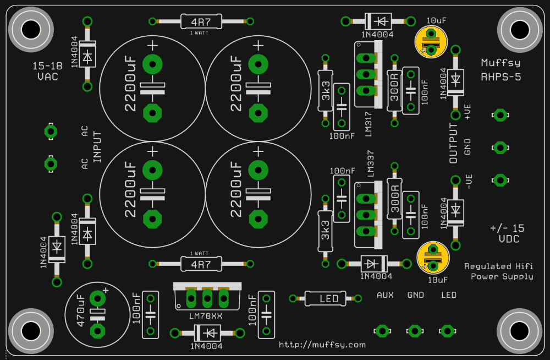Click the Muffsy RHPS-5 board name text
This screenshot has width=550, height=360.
[x=501, y=70]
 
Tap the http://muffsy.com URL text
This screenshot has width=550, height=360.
[x=322, y=345]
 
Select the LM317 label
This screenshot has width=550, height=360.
[x=369, y=124]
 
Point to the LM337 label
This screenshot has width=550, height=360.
[x=370, y=163]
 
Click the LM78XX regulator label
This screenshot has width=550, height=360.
[x=206, y=316]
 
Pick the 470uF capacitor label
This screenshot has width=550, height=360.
[x=81, y=311]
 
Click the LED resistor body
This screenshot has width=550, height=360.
[x=325, y=298]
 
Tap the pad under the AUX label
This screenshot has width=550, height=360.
[x=382, y=331]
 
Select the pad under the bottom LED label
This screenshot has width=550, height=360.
[x=447, y=331]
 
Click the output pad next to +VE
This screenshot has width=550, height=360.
[x=500, y=115]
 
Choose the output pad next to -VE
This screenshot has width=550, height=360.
[x=500, y=180]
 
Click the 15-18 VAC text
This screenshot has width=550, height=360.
[x=47, y=71]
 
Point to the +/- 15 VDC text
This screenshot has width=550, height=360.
[x=508, y=233]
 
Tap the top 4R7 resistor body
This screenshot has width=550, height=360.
[x=201, y=22]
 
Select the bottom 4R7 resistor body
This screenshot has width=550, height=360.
[x=201, y=264]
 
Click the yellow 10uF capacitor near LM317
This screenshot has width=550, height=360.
[x=431, y=42]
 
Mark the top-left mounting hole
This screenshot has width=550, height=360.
[x=31, y=30]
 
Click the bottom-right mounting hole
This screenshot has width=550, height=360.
[x=520, y=331]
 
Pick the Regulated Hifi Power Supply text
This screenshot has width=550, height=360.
[x=499, y=271]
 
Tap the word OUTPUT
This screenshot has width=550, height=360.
[x=453, y=143]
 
